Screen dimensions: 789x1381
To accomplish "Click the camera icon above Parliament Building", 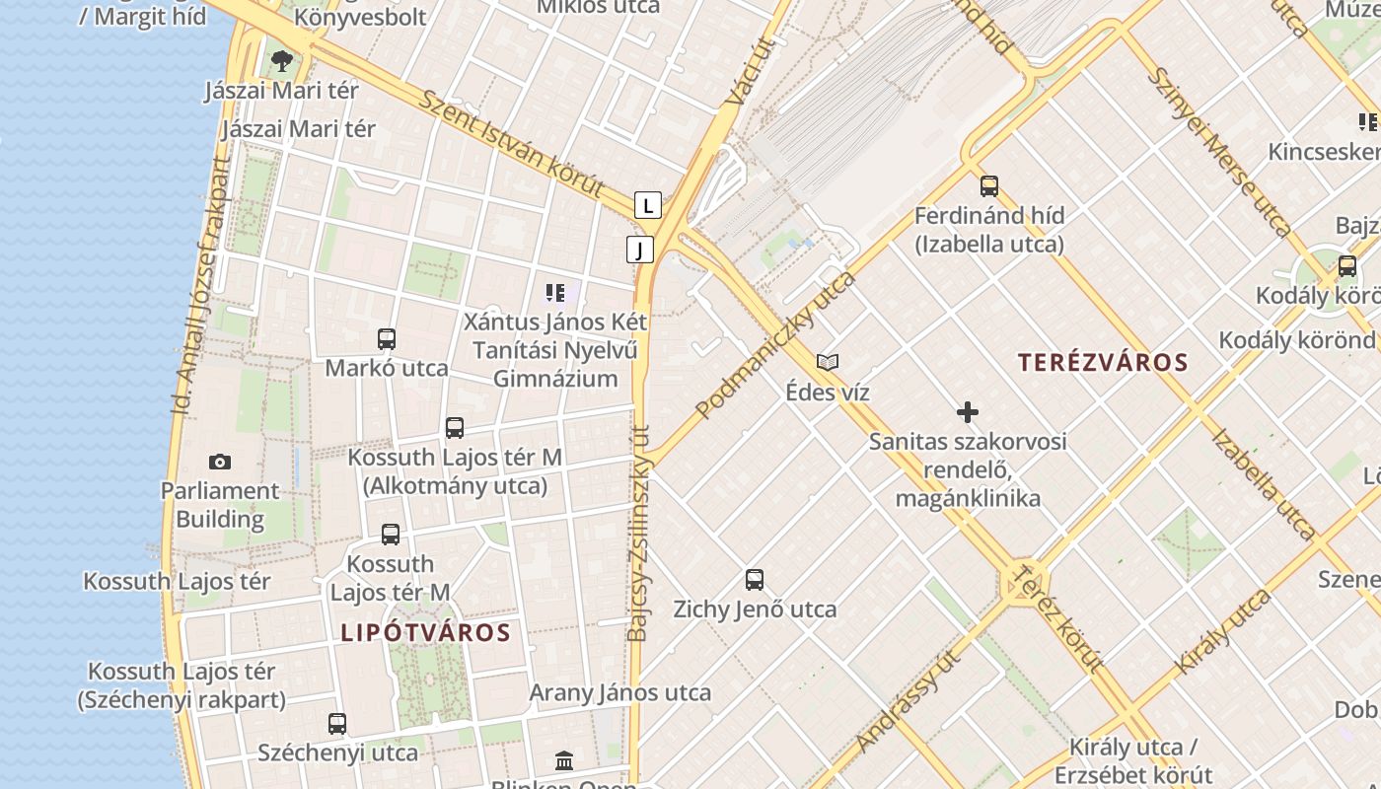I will pos(220,462).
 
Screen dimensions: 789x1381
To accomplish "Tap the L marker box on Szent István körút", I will pos(647,205).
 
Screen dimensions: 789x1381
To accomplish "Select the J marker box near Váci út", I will pos(640,250).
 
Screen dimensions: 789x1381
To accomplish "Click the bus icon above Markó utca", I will pos(387,339).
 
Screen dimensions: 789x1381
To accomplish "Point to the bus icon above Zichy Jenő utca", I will pos(755,580).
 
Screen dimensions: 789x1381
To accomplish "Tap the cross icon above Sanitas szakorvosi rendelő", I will pos(968,412).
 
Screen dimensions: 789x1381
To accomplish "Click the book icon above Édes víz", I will pos(828,363).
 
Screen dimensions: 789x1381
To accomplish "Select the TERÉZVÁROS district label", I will pos(1103,363).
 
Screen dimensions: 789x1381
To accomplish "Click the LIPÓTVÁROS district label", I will pos(426,633).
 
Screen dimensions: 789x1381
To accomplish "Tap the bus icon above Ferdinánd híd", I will pos(989,186).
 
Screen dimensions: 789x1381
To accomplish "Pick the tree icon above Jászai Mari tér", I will pos(282,61).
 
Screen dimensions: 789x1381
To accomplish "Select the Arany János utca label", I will pos(620,692).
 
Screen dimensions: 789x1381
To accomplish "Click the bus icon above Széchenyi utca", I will pos(337,724).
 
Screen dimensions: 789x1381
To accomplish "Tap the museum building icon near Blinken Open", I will pos(564,760).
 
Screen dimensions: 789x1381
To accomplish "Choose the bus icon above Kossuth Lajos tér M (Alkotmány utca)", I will pos(455,428).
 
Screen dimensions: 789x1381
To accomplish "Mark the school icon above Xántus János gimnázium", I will pos(555,293).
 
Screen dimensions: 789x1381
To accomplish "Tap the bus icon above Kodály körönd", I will pos(1347,266).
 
